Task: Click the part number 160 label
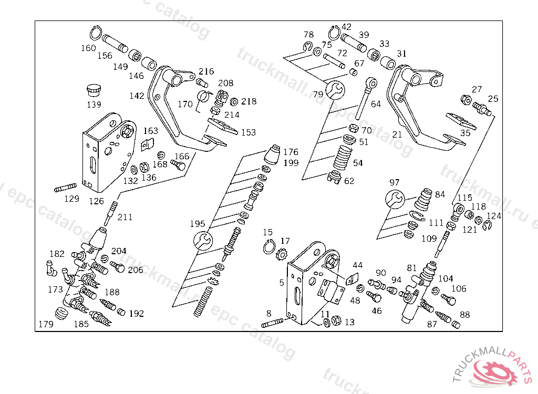(x=88, y=48)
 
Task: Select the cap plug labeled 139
(x=94, y=90)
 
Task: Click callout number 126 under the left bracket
(x=96, y=201)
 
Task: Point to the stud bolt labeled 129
(x=66, y=188)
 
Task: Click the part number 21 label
(x=397, y=134)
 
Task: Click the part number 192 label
(x=137, y=314)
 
